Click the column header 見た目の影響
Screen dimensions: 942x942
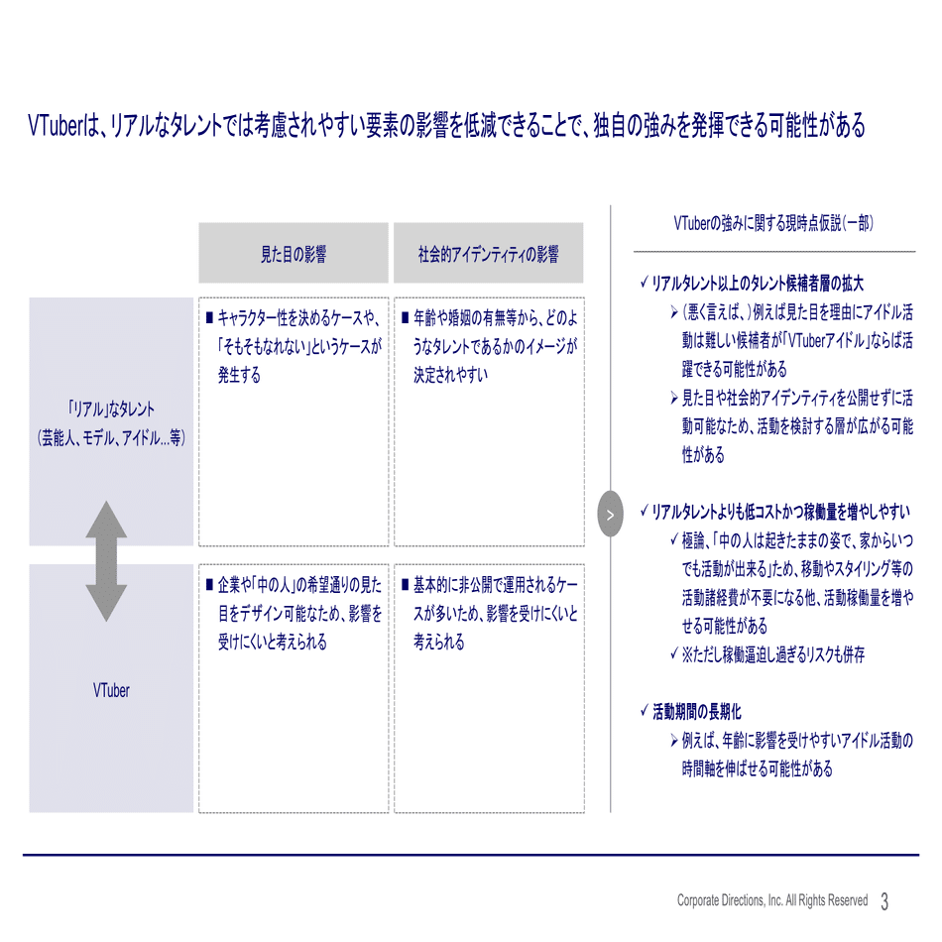(x=294, y=254)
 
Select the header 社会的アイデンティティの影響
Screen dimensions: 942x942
(x=489, y=254)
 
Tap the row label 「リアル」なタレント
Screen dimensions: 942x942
(x=111, y=410)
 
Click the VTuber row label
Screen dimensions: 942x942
(x=111, y=690)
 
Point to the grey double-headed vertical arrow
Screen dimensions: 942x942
(x=106, y=561)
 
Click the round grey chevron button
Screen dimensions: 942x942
(x=611, y=514)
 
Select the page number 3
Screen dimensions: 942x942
(x=884, y=901)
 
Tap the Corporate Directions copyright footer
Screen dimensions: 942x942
(x=772, y=900)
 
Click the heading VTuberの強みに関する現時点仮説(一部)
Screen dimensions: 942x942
(x=773, y=223)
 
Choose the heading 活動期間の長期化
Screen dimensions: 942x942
(x=697, y=712)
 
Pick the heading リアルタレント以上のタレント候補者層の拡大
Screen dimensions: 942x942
(x=758, y=283)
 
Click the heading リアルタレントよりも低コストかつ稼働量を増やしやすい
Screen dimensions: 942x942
(x=781, y=512)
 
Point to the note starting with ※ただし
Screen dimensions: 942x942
(x=773, y=654)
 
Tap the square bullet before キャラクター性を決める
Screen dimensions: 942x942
(x=209, y=317)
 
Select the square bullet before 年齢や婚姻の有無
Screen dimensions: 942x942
(x=405, y=317)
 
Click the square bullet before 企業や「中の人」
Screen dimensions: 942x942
(x=209, y=584)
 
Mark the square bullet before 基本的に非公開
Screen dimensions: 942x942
(x=405, y=584)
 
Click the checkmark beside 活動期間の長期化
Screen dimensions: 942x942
(x=644, y=711)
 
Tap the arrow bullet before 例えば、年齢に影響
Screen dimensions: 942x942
(x=674, y=741)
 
